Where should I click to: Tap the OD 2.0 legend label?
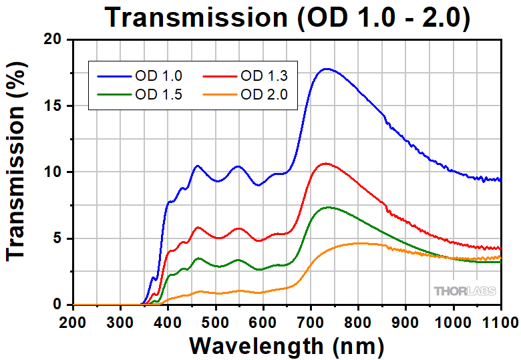click(263, 94)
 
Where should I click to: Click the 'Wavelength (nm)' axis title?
click(287, 345)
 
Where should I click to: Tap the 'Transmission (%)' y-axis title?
click(18, 172)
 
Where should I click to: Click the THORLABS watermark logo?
click(466, 291)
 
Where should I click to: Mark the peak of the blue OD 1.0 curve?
click(326, 69)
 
